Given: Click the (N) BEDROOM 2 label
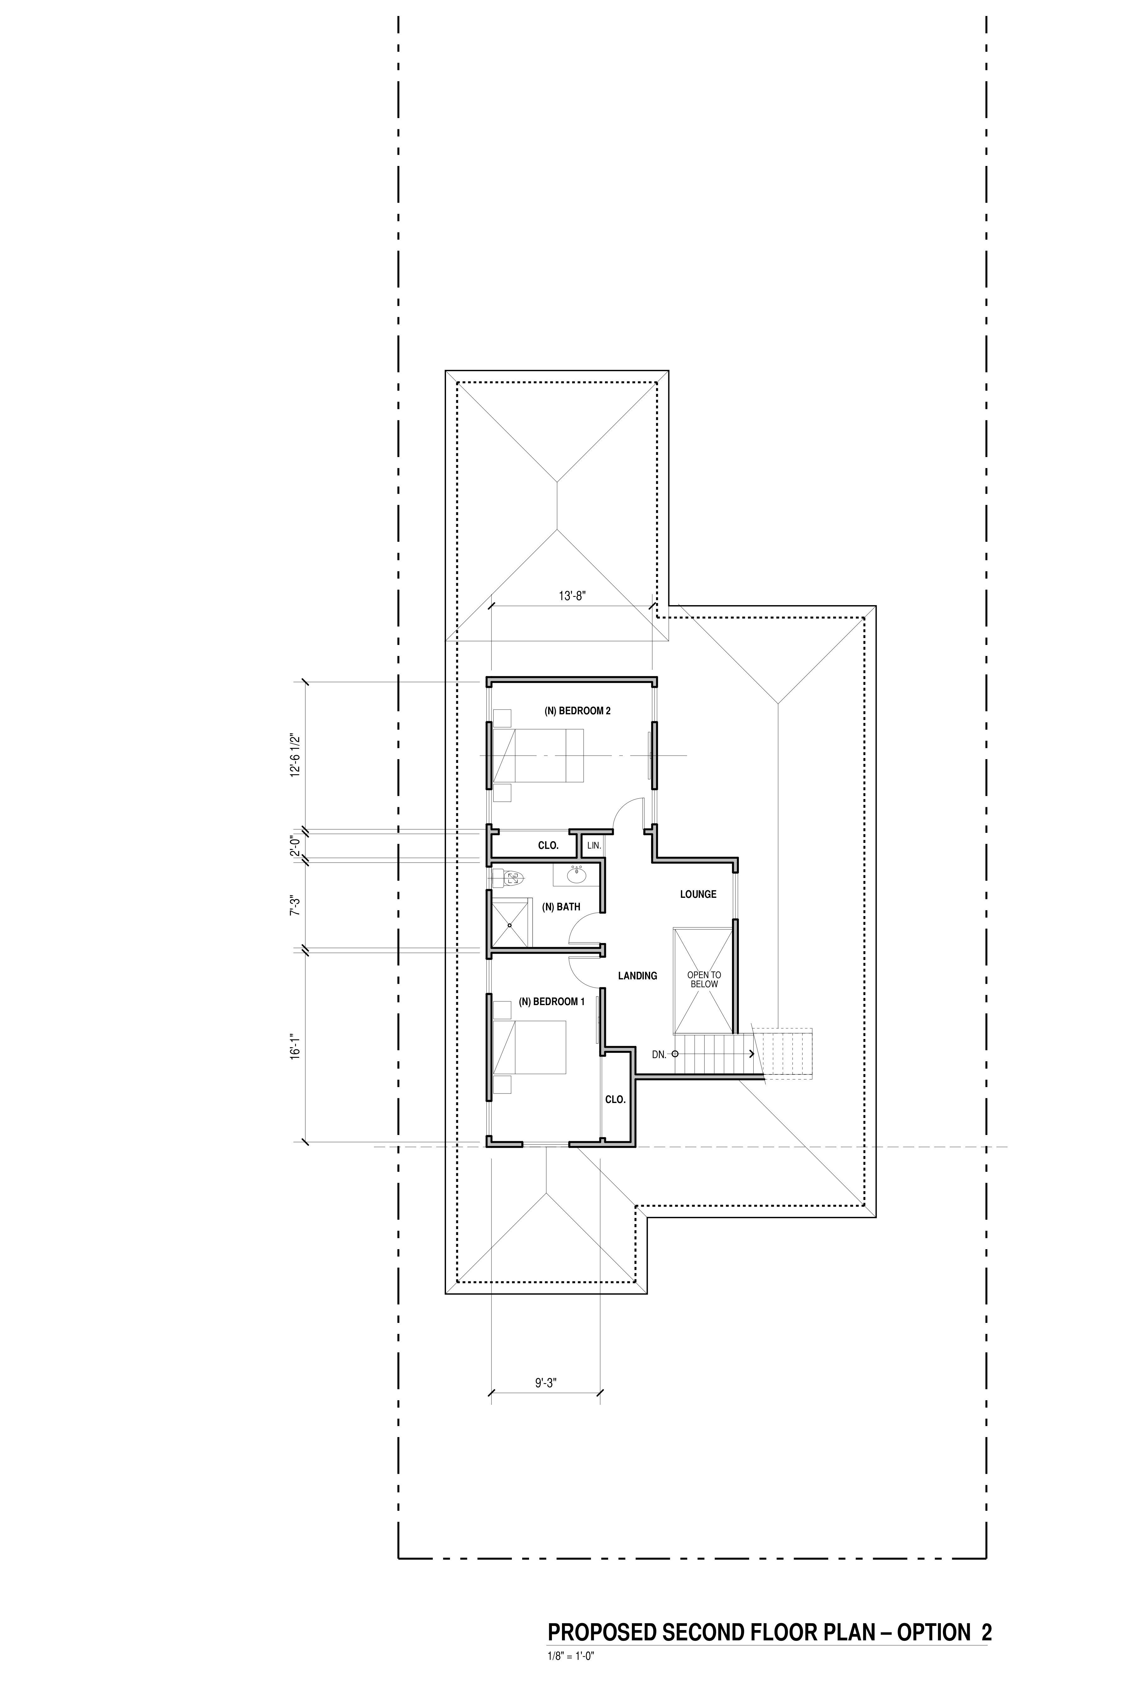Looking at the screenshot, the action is point(577,711).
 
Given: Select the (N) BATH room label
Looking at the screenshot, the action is point(561,907).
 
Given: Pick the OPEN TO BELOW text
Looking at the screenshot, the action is point(704,979).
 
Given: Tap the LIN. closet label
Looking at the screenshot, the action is point(594,845).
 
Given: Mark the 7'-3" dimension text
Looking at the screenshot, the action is point(294,905).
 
